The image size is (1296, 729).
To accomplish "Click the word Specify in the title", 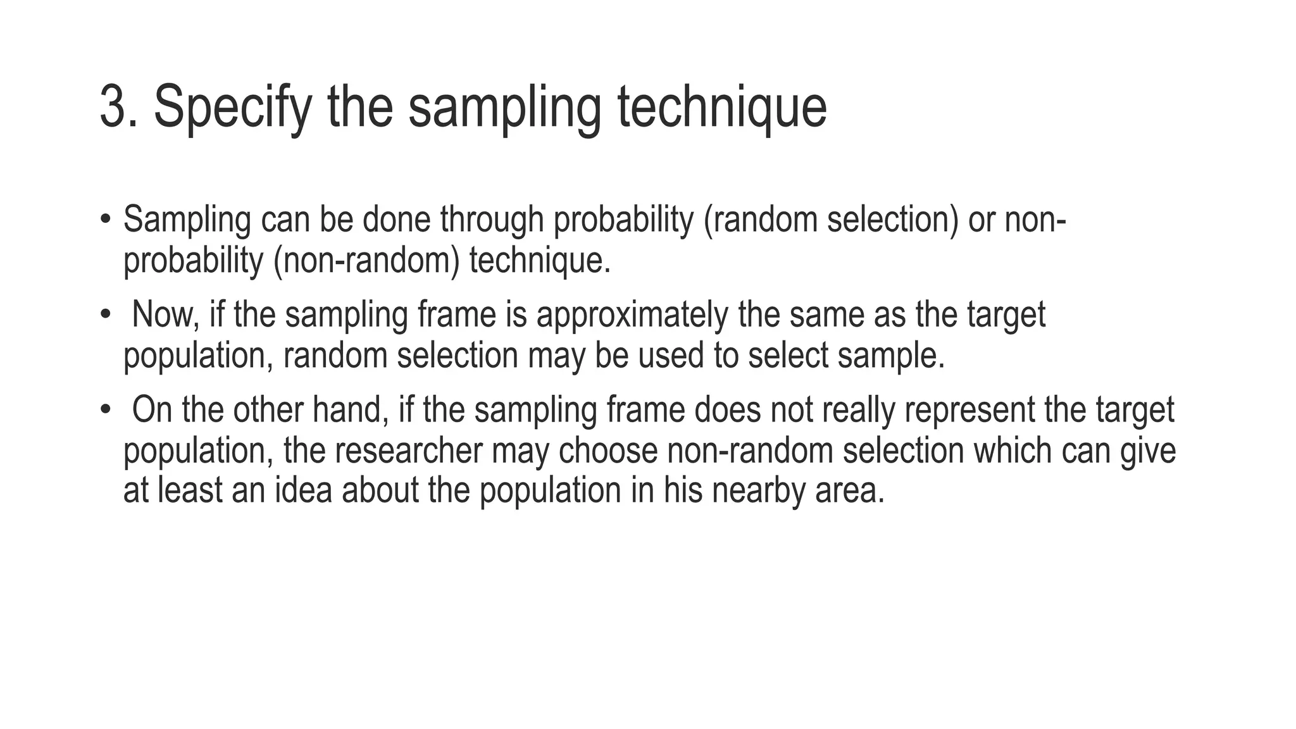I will click(232, 107).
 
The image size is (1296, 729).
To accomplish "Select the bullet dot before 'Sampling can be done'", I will click(105, 220).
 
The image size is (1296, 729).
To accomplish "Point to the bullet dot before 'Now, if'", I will click(105, 315).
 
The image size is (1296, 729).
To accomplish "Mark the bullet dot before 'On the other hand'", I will click(105, 409).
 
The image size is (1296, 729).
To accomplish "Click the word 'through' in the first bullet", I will click(492, 220).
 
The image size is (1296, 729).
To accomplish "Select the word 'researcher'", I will click(408, 450).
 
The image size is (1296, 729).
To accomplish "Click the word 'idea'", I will click(303, 490).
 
